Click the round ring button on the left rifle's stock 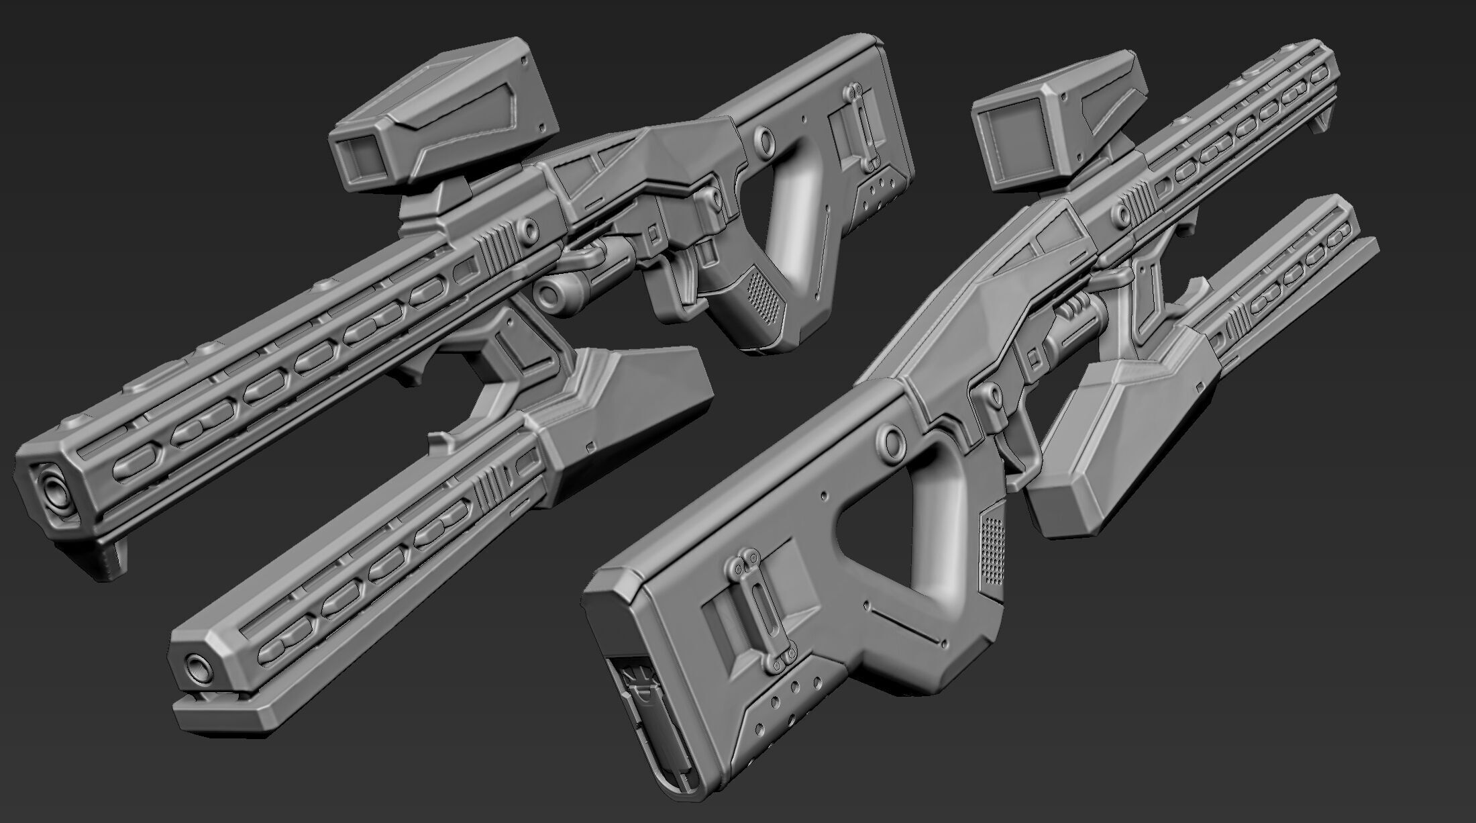click(x=763, y=138)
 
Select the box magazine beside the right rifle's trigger click(x=1114, y=430)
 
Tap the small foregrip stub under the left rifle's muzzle click(x=111, y=552)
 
